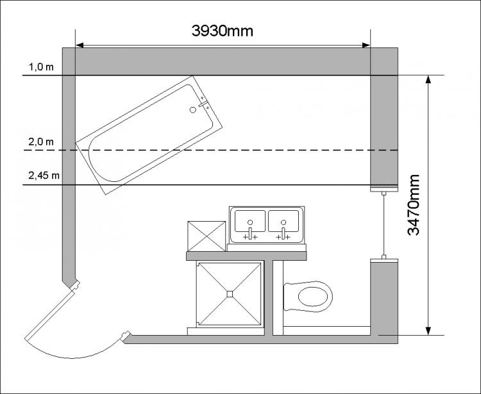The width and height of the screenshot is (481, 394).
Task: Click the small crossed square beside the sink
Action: pyautogui.click(x=205, y=236)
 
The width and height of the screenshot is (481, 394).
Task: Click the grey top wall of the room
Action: pyautogui.click(x=224, y=61)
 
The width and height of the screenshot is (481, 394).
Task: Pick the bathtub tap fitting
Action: pyautogui.click(x=205, y=103)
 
